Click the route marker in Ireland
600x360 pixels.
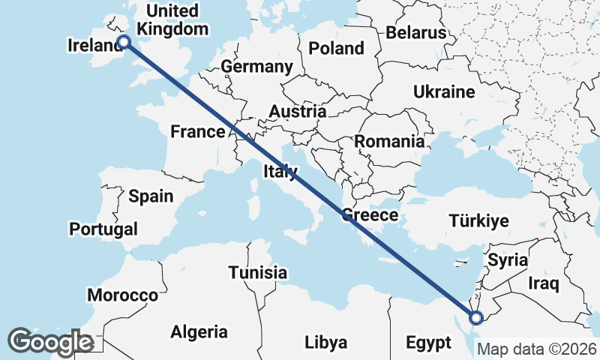coord(124,43)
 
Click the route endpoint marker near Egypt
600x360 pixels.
coord(475,318)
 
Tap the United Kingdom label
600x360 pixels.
coord(173,20)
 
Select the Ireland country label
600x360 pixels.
coord(94,46)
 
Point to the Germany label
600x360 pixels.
coord(256,67)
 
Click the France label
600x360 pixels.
coord(197,132)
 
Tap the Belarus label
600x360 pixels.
coord(416,33)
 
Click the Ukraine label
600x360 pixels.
coord(444,92)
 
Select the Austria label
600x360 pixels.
coord(297,112)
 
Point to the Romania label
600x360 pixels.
coord(389,141)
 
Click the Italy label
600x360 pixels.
coord(280,172)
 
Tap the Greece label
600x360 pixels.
coord(369,215)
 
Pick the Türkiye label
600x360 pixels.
coord(478,220)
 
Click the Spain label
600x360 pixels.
coord(151,196)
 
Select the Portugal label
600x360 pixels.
coord(103,229)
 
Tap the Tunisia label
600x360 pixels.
coord(257,272)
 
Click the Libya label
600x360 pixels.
coord(326,343)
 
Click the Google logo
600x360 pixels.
coord(50,342)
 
